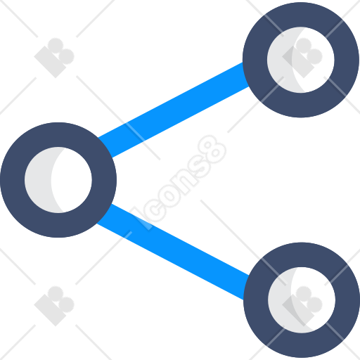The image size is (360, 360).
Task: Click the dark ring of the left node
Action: point(13,180)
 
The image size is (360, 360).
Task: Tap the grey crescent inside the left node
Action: point(37,180)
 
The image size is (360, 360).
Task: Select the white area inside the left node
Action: point(72,180)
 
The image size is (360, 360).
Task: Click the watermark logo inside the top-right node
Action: point(302,58)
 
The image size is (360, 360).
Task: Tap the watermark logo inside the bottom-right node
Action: point(302,306)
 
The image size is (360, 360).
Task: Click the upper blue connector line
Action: point(174,110)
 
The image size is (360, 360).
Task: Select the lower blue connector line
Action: point(173,252)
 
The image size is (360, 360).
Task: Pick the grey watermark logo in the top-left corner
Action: point(54,58)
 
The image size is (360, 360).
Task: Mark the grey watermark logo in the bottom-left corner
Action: point(54,306)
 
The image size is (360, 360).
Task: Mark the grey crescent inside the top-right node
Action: point(281,60)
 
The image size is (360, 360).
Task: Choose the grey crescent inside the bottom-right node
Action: point(282,300)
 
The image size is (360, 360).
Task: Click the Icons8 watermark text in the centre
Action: point(179,183)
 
